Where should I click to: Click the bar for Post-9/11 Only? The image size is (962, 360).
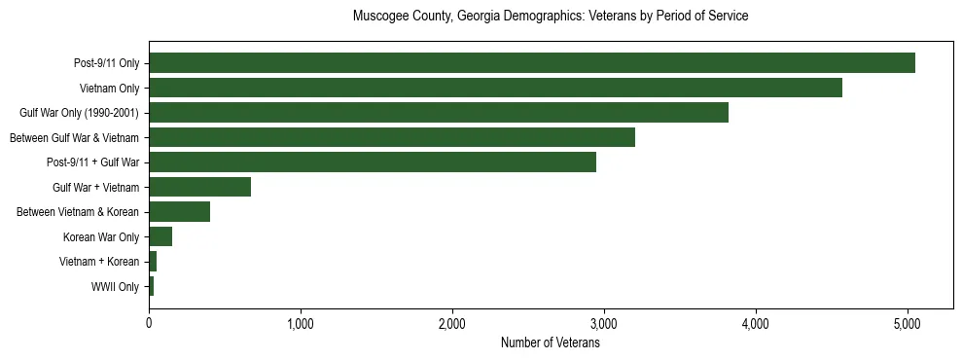point(531,63)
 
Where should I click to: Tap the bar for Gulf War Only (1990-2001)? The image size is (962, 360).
point(438,113)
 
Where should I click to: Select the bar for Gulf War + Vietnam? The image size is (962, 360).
point(199,187)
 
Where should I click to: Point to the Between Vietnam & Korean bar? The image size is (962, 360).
point(179,212)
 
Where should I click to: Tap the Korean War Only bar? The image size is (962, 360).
point(160,236)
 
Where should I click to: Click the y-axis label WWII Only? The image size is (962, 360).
point(115,287)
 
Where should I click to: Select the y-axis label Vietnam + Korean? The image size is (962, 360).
point(99,262)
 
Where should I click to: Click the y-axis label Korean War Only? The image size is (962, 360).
point(101,237)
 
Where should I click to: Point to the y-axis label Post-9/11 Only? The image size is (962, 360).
point(106,64)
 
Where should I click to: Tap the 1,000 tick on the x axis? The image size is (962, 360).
point(301,323)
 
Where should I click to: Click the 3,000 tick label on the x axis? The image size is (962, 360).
point(604,323)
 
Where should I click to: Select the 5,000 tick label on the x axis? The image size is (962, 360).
point(908,323)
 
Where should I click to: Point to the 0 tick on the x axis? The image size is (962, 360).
point(149,323)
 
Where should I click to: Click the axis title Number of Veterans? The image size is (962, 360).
point(550,342)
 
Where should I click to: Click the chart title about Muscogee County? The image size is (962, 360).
point(550,17)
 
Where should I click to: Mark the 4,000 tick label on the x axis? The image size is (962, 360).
point(756,323)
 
